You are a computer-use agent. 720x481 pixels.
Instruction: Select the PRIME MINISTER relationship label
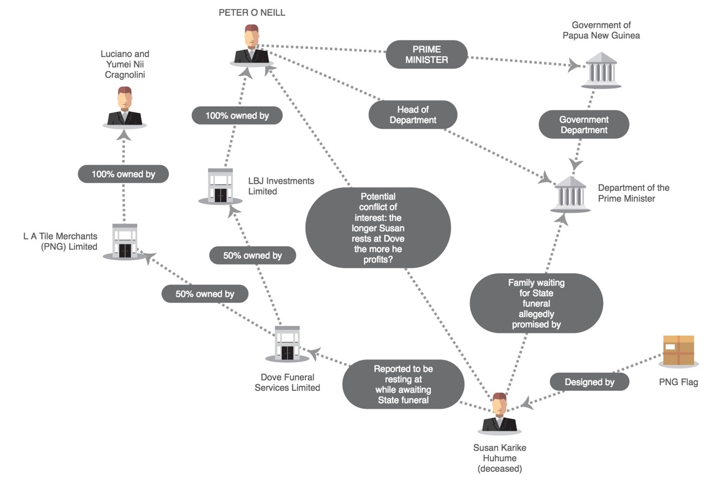pos(427,54)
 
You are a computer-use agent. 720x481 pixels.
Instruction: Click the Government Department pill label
pos(583,124)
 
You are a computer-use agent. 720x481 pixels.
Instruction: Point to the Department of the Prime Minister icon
pos(570,192)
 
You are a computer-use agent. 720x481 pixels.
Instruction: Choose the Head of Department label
pos(412,114)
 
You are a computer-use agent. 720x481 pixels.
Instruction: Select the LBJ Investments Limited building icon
pos(220,185)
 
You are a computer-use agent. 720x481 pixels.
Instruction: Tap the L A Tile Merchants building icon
pos(124,240)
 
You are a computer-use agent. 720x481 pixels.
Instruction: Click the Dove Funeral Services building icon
pos(287,342)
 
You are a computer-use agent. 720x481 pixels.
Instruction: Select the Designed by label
pos(589,382)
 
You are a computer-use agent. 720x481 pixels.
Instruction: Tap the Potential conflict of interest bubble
pos(378,228)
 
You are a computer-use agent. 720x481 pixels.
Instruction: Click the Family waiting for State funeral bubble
pos(536,303)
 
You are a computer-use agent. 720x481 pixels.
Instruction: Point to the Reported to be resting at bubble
pos(403,384)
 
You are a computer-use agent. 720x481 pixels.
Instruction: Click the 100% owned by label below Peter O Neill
pos(236,115)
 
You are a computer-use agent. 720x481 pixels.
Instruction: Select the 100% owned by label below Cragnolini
pos(123,174)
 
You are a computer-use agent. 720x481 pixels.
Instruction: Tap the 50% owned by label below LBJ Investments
pos(253,255)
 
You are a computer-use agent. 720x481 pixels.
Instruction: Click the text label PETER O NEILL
pos(252,12)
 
